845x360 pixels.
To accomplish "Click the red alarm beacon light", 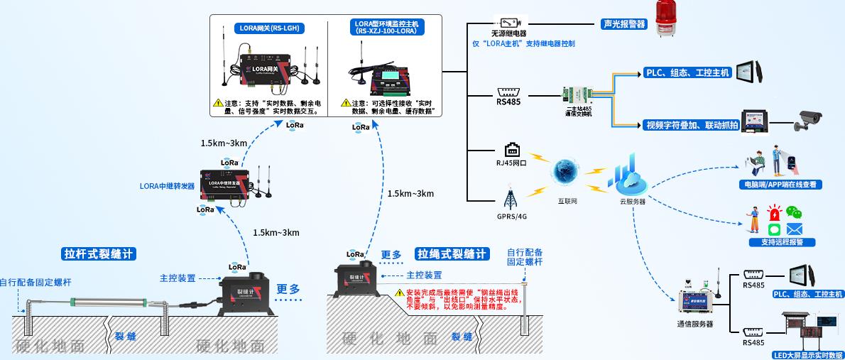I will pos(668,17).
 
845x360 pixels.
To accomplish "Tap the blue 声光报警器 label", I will pos(623,23).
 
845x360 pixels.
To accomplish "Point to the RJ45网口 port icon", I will pos(512,150).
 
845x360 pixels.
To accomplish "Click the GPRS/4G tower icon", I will pos(511,197).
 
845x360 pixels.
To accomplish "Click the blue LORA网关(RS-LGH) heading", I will pos(269,29).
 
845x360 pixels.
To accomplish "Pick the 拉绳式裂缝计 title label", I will pos(452,253).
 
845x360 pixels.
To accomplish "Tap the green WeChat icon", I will pos(793,212).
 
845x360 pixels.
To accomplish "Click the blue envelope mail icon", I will pos(793,229).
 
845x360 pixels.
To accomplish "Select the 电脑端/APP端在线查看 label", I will pos(778,184).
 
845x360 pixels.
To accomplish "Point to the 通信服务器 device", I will pos(697,300).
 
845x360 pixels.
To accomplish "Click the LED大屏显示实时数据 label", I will pos(807,354).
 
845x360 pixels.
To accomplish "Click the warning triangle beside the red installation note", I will pos(399,293).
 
